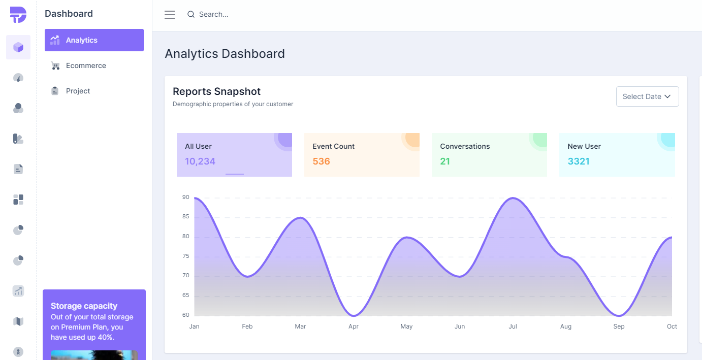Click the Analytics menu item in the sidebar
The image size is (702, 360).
point(94,40)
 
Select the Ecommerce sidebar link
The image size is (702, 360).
point(86,66)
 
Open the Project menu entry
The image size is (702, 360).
point(78,91)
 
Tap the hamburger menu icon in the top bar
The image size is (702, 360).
point(170,15)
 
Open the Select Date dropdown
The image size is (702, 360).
point(647,96)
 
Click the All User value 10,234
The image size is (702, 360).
point(200,161)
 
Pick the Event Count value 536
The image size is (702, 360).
point(321,161)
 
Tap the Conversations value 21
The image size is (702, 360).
point(445,161)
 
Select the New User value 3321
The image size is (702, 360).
point(579,161)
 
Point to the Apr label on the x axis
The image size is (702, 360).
point(354,326)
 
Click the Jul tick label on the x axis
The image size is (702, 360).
point(513,326)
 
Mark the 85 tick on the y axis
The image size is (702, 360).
point(186,217)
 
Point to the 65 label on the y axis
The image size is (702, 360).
point(186,296)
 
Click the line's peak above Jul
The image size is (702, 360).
point(513,198)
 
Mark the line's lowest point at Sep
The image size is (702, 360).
point(619,315)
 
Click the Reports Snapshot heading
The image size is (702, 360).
point(216,91)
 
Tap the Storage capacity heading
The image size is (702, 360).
point(84,306)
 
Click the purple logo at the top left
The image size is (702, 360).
point(18,15)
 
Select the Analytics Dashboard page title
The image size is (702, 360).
point(225,54)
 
